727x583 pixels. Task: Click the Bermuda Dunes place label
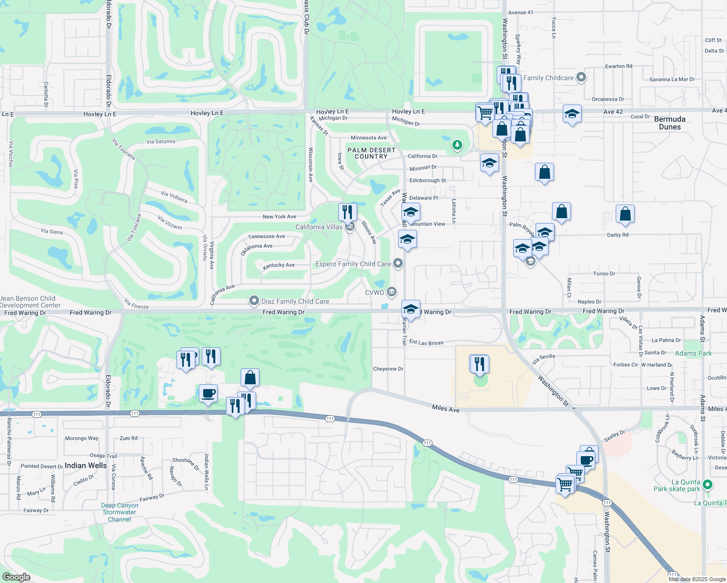click(670, 123)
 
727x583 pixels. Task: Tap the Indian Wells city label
click(86, 465)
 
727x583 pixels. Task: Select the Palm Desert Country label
click(371, 153)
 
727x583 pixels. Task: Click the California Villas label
click(319, 227)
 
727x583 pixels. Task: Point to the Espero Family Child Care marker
click(398, 264)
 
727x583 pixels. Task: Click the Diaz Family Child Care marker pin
click(254, 301)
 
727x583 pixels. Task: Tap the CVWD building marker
click(392, 292)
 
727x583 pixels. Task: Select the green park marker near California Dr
click(457, 145)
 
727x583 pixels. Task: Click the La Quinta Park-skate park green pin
click(708, 484)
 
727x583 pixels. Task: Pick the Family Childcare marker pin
click(581, 78)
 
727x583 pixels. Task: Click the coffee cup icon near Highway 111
click(208, 393)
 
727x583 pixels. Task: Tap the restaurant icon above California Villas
click(347, 212)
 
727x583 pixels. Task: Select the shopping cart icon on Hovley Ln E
click(485, 113)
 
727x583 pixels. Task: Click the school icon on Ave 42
click(572, 115)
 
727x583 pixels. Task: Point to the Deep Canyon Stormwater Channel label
click(120, 512)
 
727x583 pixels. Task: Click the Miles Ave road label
click(446, 409)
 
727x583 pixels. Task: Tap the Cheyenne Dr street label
click(388, 369)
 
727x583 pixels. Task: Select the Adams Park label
click(693, 353)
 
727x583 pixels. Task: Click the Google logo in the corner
click(16, 577)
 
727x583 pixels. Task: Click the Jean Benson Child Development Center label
click(29, 302)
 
